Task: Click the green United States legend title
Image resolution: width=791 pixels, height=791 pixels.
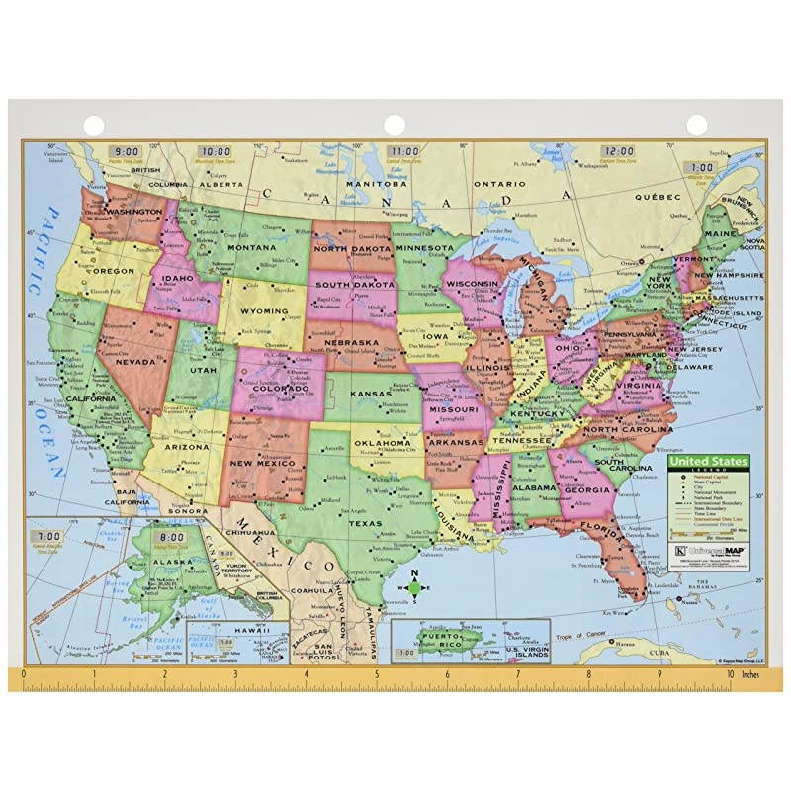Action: pyautogui.click(x=708, y=461)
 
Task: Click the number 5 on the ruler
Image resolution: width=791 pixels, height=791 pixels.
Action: pyautogui.click(x=377, y=677)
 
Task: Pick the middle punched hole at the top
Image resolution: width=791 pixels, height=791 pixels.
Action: pyautogui.click(x=395, y=125)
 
